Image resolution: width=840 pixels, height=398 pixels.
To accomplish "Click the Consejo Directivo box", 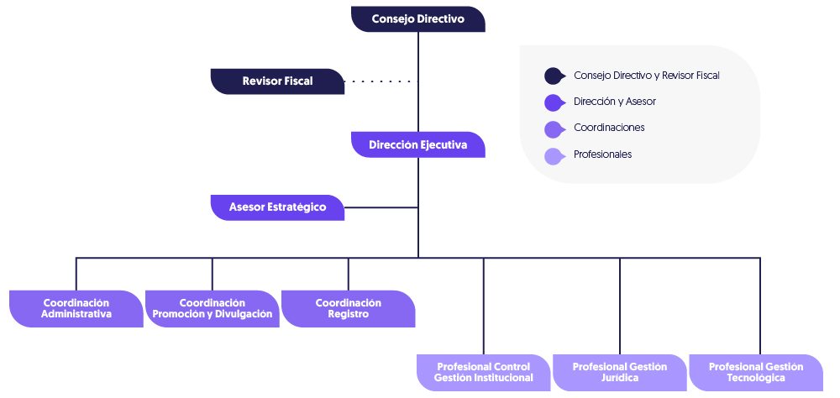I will [x=418, y=19].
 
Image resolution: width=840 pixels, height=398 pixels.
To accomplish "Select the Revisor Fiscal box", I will [x=277, y=81].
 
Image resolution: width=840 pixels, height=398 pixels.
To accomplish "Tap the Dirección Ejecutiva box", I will [x=418, y=145].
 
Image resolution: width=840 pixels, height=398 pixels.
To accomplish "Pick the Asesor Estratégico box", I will [x=277, y=207].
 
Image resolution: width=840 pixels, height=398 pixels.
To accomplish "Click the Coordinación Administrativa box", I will [x=76, y=308].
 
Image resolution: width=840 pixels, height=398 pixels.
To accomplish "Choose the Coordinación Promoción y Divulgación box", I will [x=213, y=308].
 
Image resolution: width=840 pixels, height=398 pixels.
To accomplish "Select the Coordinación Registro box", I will [x=349, y=308].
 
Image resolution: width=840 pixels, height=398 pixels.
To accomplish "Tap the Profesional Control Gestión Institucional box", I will [x=484, y=372].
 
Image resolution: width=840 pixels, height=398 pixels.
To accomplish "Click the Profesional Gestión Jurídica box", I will [x=620, y=372].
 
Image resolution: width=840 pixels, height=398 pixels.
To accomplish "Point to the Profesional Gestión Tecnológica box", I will [x=756, y=372].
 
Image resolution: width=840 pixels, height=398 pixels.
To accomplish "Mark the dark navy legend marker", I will [x=554, y=76].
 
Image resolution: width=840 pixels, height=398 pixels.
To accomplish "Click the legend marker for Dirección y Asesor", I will [x=554, y=102].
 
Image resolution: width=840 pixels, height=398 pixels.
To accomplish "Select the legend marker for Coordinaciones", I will [x=554, y=129].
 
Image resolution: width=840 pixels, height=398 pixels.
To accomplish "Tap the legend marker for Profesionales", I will [x=554, y=156].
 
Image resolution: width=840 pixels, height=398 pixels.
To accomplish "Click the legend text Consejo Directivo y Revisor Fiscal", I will [x=647, y=76].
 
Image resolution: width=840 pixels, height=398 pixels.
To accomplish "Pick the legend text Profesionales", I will [x=602, y=154].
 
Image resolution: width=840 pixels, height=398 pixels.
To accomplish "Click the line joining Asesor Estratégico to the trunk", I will [x=381, y=207].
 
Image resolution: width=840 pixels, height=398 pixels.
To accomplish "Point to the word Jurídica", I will [x=620, y=378].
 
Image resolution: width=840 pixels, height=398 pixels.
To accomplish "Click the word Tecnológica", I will [x=756, y=378].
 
